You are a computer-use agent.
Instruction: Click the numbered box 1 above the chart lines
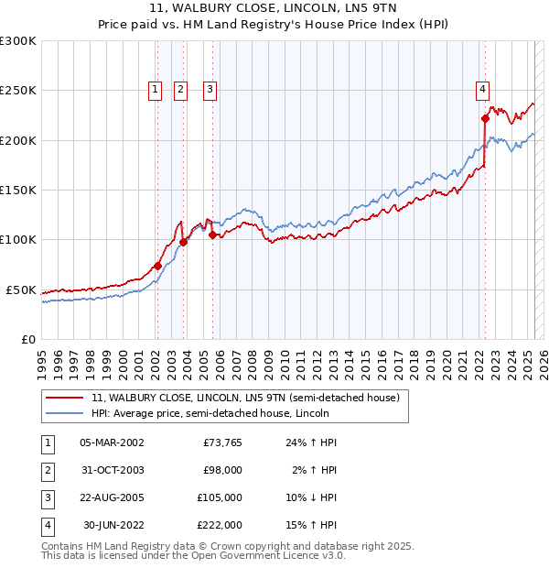coord(156,89)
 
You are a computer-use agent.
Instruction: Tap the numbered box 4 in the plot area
coord(482,89)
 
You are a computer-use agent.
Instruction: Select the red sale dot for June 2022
coord(485,118)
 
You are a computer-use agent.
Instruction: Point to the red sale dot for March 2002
coord(157,266)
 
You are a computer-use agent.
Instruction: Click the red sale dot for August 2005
coord(212,235)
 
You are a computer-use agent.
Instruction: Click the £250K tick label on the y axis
coord(18,91)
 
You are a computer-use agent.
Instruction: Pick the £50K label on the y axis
coord(21,289)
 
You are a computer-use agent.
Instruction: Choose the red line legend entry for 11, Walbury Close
coord(245,399)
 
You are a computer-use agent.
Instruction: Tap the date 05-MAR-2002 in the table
coord(112,443)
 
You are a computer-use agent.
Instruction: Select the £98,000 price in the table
coord(221,470)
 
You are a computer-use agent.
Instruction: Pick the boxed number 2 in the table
coord(46,471)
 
